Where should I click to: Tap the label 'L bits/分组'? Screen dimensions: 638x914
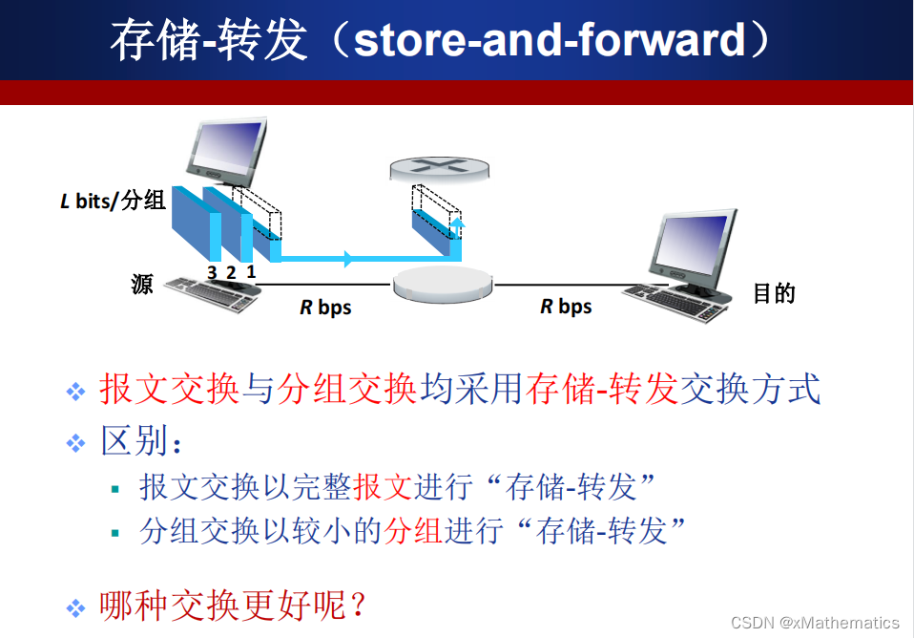pos(114,201)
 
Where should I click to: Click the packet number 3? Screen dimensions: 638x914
pos(212,272)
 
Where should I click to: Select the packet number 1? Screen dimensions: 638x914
pos(251,271)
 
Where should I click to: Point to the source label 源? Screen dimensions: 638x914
pos(142,284)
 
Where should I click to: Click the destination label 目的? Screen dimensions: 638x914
pos(774,293)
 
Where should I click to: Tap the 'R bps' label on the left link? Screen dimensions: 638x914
pos(325,308)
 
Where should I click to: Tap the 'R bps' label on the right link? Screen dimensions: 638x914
pos(566,307)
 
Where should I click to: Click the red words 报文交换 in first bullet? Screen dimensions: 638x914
pos(169,390)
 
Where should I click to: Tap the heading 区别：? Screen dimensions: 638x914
pos(141,441)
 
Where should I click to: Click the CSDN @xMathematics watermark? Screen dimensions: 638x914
pos(815,622)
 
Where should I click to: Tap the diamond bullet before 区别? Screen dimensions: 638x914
pos(76,442)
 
